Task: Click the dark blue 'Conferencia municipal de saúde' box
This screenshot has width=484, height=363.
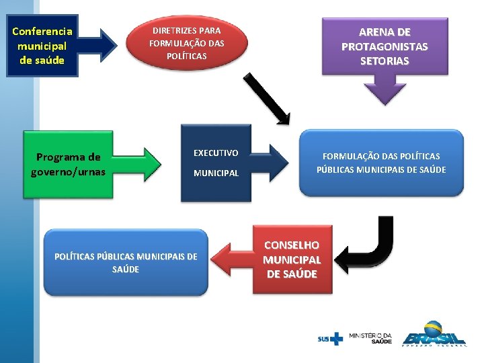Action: coord(42,46)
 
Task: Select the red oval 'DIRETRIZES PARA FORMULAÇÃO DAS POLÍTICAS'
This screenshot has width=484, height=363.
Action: coord(186,43)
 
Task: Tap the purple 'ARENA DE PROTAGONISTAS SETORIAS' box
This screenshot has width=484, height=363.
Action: coord(384,46)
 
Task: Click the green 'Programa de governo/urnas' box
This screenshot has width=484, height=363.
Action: coord(68,164)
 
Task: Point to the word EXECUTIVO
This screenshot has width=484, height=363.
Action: coord(216,153)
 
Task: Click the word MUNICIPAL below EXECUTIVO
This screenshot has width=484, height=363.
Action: coord(216,173)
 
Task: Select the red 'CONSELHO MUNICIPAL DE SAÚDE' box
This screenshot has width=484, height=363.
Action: coord(292,259)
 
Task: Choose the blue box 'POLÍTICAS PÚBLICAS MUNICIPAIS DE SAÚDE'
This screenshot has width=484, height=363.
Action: coord(126,263)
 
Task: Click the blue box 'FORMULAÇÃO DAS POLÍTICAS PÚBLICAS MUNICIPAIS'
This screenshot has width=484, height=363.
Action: coord(381,163)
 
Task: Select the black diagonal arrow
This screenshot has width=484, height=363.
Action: coord(266,98)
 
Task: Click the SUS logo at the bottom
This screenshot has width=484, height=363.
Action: coord(330,338)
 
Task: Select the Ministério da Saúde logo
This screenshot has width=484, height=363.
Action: coord(371,337)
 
